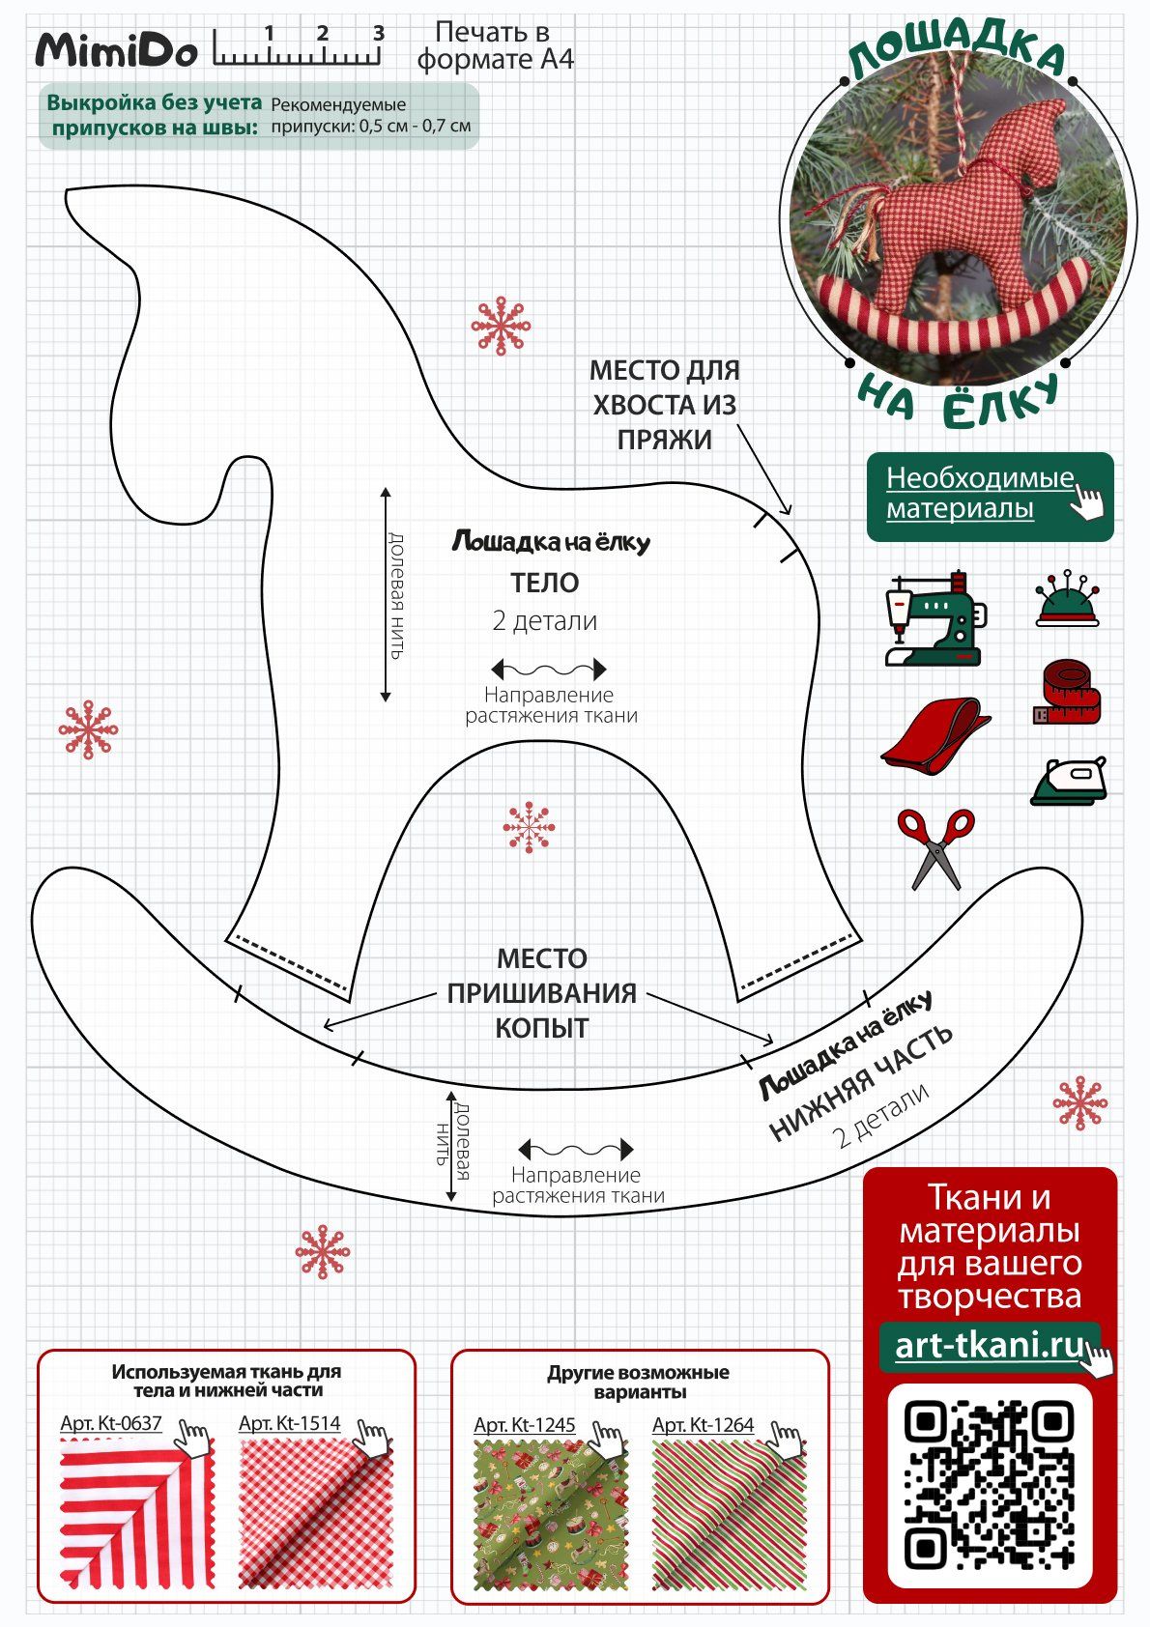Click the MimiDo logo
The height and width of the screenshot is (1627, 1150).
(x=116, y=50)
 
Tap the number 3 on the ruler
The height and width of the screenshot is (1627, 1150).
(x=379, y=34)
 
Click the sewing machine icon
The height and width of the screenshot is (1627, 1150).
(x=934, y=618)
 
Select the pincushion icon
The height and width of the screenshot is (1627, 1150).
(x=1067, y=600)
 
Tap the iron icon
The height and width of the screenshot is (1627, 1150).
(x=1069, y=781)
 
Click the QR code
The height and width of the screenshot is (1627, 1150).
(x=990, y=1485)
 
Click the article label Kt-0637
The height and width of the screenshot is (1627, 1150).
(x=111, y=1423)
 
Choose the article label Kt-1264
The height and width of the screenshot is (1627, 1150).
(x=703, y=1424)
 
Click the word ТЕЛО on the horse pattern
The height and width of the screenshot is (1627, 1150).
(x=545, y=584)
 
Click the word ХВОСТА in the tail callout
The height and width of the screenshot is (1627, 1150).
(x=665, y=405)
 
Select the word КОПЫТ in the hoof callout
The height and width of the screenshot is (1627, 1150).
(x=542, y=1028)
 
